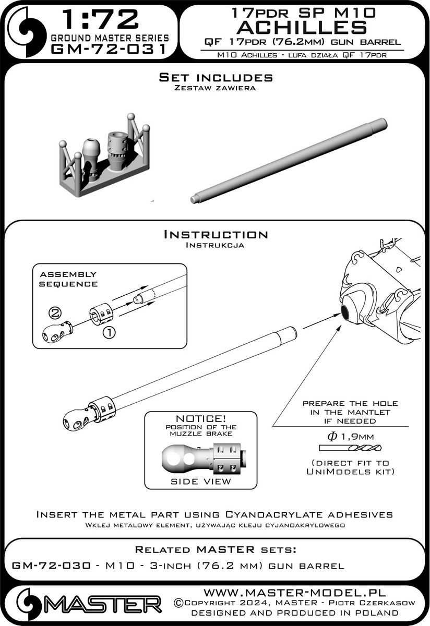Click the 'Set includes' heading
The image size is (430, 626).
(x=216, y=78)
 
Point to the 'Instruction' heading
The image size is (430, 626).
(x=216, y=235)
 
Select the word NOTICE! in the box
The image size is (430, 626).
(x=200, y=419)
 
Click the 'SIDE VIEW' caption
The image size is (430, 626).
(x=200, y=481)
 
